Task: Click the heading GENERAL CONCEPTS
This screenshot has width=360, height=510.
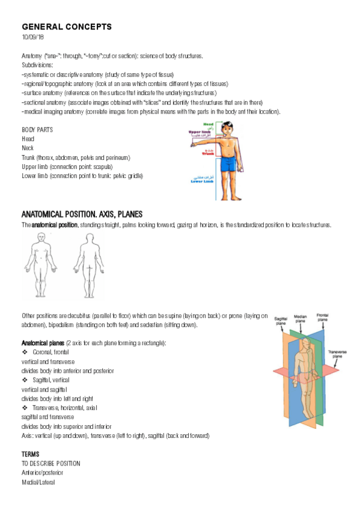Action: click(66, 27)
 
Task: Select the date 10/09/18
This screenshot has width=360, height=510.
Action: click(32, 37)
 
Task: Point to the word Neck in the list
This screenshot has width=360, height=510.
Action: click(28, 147)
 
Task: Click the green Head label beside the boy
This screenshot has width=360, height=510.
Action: click(207, 124)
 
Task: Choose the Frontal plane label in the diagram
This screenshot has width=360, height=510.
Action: click(322, 316)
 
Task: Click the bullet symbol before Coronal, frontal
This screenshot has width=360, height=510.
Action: click(25, 352)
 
